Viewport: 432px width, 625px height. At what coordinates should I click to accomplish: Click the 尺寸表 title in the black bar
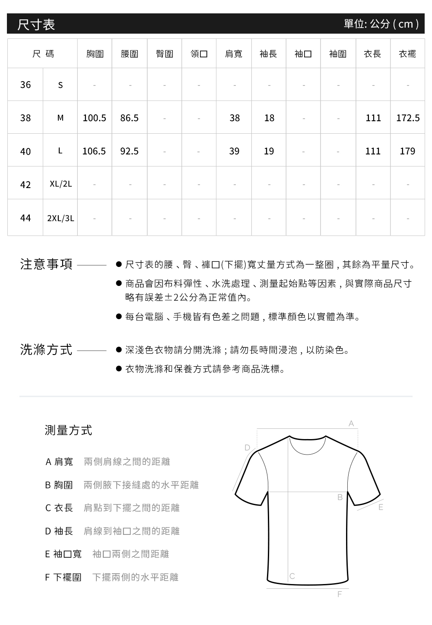tap(36, 24)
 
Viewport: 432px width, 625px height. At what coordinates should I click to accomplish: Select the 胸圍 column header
tap(95, 54)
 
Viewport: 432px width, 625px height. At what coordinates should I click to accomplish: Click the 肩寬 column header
tap(234, 54)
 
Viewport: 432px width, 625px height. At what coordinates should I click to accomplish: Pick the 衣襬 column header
tap(407, 54)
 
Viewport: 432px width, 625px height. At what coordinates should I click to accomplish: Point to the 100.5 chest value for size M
tap(94, 118)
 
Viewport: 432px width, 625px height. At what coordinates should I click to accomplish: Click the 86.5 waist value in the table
tap(129, 118)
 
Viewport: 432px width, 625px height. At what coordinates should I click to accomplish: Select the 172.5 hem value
tap(408, 118)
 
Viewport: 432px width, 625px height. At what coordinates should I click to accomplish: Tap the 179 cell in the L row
tap(407, 151)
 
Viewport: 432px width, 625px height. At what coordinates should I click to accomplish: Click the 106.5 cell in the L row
tap(94, 151)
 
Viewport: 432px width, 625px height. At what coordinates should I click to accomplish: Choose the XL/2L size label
tap(60, 184)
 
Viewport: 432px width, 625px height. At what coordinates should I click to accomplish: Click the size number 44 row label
tap(25, 218)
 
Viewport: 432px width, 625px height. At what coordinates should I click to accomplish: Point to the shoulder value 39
tap(234, 151)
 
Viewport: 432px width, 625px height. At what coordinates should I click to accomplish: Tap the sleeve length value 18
tap(269, 118)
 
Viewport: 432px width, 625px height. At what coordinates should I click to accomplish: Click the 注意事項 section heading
tap(47, 264)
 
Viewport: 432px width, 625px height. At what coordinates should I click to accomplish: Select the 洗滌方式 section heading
tap(47, 350)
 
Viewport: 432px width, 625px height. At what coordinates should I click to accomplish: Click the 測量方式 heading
tap(68, 430)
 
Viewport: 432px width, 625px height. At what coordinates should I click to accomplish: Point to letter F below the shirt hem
tap(340, 594)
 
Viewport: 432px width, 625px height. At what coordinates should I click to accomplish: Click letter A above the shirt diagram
tap(351, 424)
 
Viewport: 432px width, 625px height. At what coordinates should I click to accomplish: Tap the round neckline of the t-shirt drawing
tap(307, 449)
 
